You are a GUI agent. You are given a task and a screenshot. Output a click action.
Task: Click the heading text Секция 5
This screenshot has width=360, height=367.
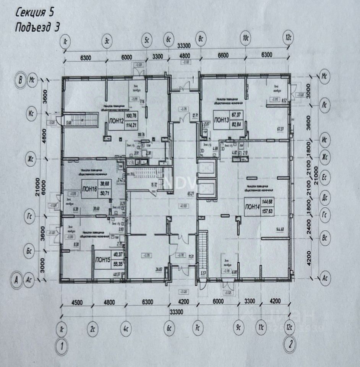pos(35,13)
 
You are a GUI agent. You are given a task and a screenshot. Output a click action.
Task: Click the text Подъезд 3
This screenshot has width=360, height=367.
pos(37,27)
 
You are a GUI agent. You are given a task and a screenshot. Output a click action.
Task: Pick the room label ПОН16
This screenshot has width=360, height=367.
pos(89,187)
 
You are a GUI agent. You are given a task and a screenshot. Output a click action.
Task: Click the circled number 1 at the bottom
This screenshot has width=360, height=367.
pos(62,346)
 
